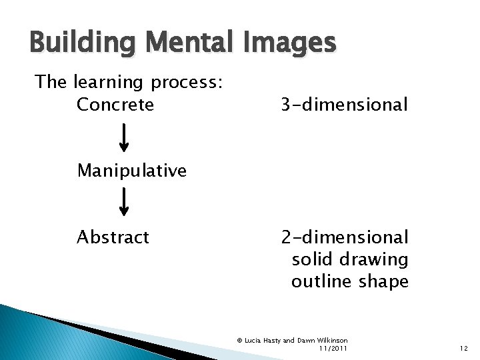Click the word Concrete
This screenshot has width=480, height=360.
pos(115,105)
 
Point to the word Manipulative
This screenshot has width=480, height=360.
pos(131,171)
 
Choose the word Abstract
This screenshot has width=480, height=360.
pos(113,237)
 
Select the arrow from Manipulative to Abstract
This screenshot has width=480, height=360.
pos(124,203)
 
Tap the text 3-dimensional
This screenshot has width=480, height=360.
pos(344,105)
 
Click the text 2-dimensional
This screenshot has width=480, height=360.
pos(345,237)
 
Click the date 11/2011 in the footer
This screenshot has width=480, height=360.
pos(333,348)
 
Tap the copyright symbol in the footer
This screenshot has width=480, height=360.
pos(239,340)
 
